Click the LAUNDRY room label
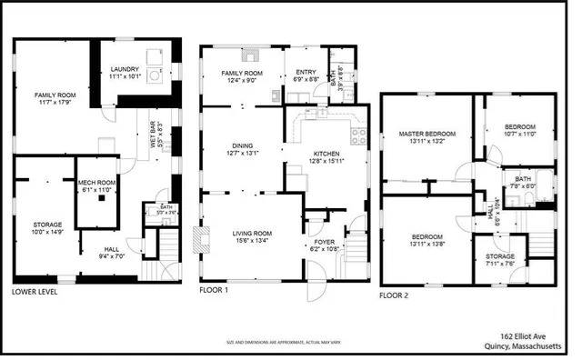[x=125, y=69]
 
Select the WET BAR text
[x=156, y=127]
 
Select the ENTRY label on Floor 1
[x=306, y=73]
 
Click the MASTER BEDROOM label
[x=426, y=134]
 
